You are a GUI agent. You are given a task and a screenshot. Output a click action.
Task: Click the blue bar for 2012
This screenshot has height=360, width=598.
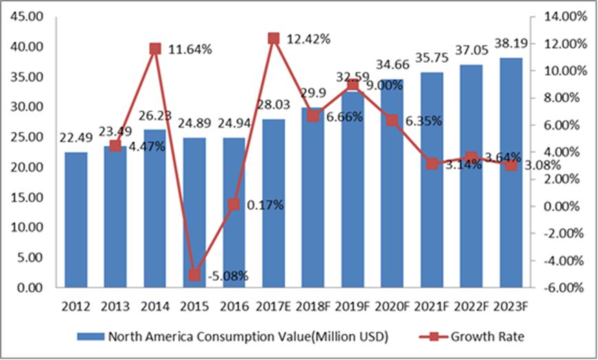pyautogui.click(x=76, y=220)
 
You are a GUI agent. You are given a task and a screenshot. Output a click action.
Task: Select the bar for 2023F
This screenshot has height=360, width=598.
pyautogui.click(x=511, y=172)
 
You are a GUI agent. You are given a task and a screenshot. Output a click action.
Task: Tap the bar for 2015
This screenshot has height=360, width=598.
pyautogui.click(x=194, y=213)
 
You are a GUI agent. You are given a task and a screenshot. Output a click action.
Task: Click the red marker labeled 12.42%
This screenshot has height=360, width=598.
pyautogui.click(x=273, y=39)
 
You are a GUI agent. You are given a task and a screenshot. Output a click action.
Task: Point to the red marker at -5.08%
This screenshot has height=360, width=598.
pyautogui.click(x=194, y=275)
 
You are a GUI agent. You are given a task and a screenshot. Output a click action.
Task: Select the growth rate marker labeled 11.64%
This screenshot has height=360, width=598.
pyautogui.click(x=155, y=49)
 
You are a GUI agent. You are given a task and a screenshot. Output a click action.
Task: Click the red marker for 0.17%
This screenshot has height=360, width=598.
pyautogui.click(x=233, y=204)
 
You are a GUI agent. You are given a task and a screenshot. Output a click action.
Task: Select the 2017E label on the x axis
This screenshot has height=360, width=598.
pyautogui.click(x=273, y=306)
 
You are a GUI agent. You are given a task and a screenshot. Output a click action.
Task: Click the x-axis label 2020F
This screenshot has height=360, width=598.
pyautogui.click(x=392, y=306)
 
